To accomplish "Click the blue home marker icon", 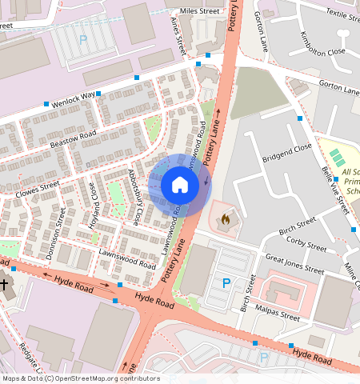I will click(x=180, y=186).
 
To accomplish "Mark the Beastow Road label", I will click(x=73, y=138).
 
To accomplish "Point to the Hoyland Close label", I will click(x=96, y=201).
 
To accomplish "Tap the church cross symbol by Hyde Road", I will click(x=4, y=284).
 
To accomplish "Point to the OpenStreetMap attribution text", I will click(x=81, y=378).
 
